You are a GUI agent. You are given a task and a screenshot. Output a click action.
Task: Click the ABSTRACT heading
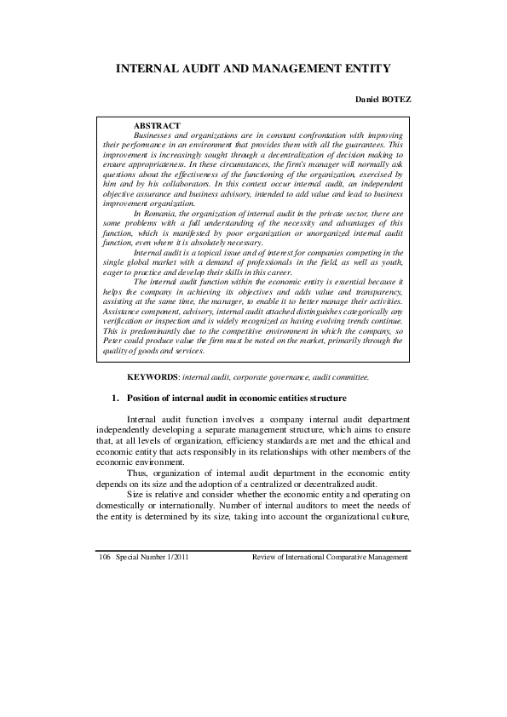pos(157,125)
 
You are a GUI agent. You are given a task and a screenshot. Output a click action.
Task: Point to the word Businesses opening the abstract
pos(155,135)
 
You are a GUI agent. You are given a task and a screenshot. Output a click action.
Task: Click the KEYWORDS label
pos(153,376)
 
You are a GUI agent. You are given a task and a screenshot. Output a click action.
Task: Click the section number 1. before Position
pos(116,398)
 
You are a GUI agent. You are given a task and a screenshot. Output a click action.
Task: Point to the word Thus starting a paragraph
pos(136,473)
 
